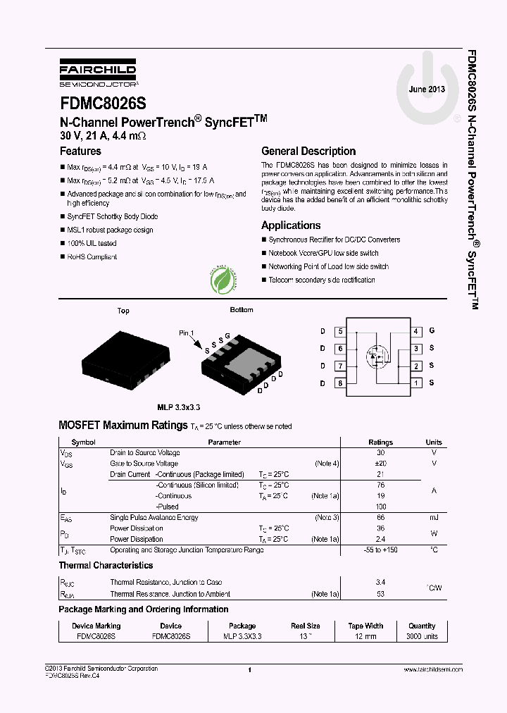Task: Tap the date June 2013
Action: click(427, 89)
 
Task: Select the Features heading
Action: click(80, 151)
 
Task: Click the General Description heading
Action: click(308, 151)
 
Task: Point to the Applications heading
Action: click(291, 225)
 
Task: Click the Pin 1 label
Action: click(186, 333)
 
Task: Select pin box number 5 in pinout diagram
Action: click(341, 331)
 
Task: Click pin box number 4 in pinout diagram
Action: click(416, 331)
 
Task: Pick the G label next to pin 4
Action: click(432, 330)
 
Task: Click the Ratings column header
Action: click(380, 442)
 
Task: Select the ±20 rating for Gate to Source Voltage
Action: click(380, 464)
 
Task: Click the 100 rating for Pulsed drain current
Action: click(380, 507)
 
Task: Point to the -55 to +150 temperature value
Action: click(380, 550)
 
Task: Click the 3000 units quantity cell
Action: click(422, 636)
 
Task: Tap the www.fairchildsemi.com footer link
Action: click(433, 669)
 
